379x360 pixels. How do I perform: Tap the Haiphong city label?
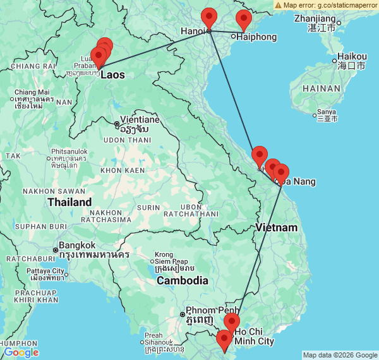click(256, 37)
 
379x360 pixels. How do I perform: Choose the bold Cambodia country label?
click(183, 280)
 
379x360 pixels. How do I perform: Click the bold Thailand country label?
click(69, 202)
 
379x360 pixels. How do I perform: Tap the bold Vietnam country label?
click(277, 227)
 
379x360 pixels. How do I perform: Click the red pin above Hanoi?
click(208, 18)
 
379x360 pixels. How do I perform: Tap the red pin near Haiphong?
click(243, 20)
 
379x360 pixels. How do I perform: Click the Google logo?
click(21, 352)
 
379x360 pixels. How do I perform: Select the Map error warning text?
click(328, 4)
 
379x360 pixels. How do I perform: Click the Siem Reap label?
click(171, 261)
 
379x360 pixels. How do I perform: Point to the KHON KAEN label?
click(119, 171)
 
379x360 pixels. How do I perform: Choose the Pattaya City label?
click(46, 271)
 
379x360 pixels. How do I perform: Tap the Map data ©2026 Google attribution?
click(340, 355)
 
